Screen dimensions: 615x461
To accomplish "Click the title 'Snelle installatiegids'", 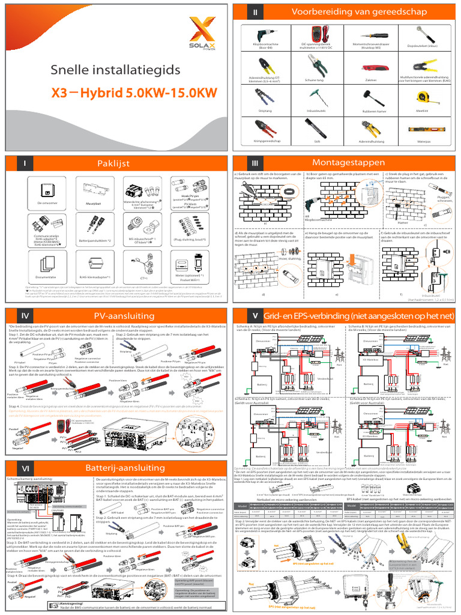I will (x=115, y=71).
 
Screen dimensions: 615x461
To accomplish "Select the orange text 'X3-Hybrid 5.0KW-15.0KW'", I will (x=134, y=93).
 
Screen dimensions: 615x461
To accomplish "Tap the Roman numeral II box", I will (x=255, y=13).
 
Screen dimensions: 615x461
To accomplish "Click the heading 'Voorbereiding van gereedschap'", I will (x=359, y=13).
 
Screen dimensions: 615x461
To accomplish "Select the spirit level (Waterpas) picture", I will (x=422, y=129).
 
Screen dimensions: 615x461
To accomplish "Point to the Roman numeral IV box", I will (x=24, y=315).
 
